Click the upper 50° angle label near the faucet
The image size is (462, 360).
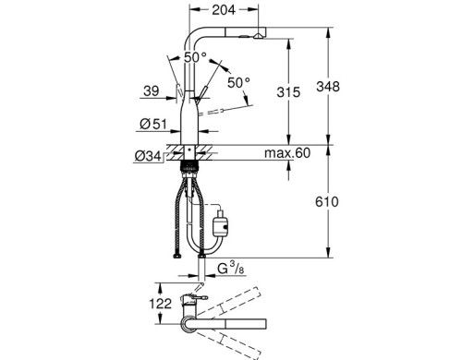(x=195, y=57)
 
